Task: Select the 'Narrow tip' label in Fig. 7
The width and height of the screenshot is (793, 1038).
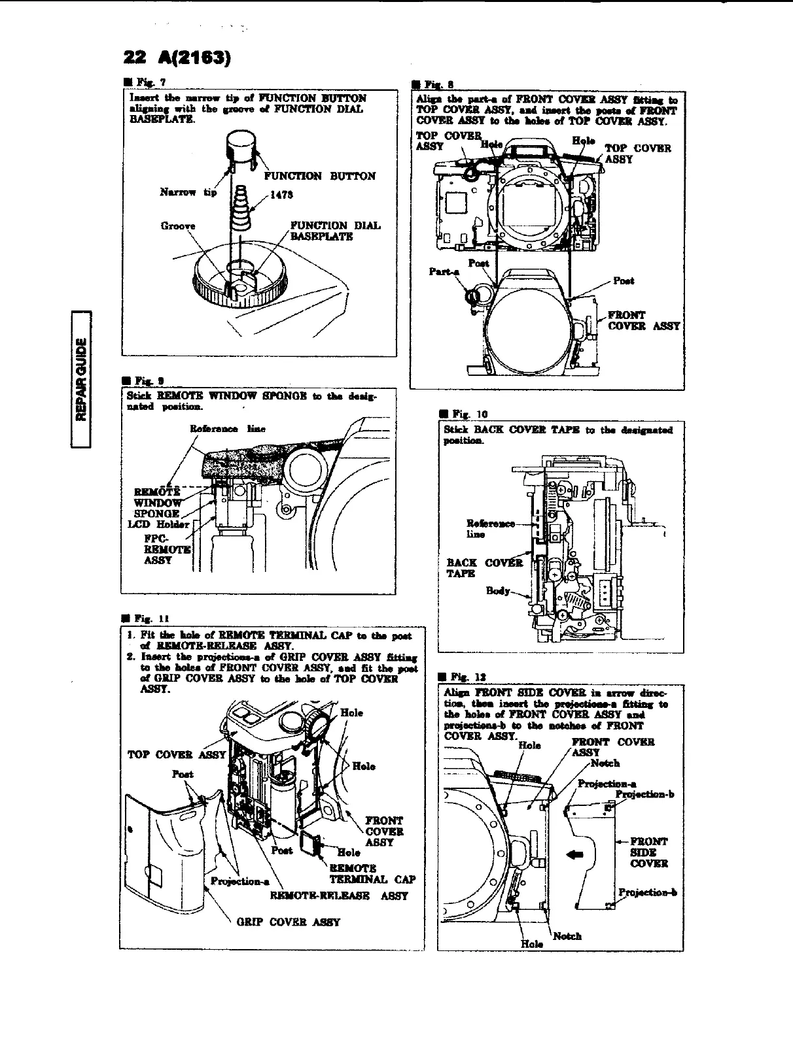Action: coord(187,192)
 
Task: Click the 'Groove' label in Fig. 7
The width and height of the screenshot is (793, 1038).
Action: coord(178,226)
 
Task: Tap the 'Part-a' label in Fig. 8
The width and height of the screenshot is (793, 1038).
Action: coord(444,271)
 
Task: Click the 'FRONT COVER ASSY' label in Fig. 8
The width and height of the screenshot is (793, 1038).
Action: coord(644,320)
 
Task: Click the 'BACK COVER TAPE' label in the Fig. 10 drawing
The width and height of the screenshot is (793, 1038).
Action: coord(485,567)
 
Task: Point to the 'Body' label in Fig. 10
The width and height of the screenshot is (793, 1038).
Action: coord(498,591)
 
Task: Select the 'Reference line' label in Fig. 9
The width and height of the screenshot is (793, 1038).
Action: coord(227,429)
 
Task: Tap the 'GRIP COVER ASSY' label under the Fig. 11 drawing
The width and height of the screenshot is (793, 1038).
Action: coord(288,922)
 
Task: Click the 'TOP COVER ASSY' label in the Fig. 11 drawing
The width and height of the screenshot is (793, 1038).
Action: coord(177,754)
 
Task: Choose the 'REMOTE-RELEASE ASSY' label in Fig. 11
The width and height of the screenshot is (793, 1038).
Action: coord(339,896)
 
